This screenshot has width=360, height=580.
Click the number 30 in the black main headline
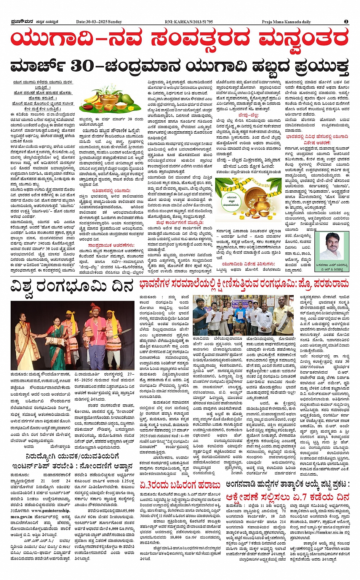(x=82, y=66)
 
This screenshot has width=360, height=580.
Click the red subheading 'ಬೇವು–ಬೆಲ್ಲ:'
(x=248, y=115)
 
